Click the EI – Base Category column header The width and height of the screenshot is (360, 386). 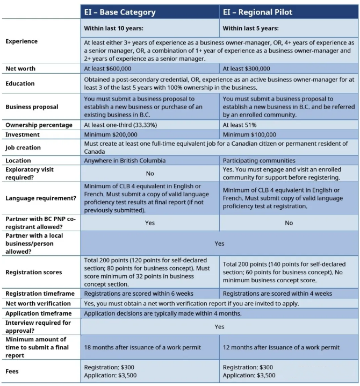(x=120, y=12)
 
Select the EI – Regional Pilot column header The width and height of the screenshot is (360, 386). (x=258, y=12)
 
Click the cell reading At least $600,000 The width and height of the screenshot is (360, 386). (x=107, y=69)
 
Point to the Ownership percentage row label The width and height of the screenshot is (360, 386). (x=39, y=125)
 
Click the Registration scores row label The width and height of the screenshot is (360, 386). (x=33, y=273)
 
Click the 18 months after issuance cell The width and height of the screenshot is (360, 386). (x=142, y=347)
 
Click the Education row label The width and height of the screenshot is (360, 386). (x=20, y=83)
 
